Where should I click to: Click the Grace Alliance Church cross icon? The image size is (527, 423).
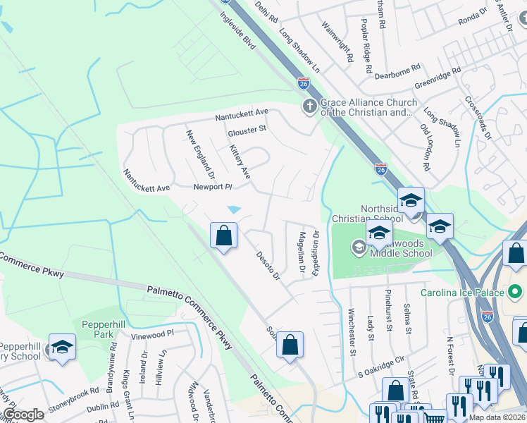pyautogui.click(x=309, y=106)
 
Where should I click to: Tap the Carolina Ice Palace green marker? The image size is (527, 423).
pyautogui.click(x=515, y=291)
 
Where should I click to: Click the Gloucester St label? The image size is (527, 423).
pyautogui.click(x=247, y=130)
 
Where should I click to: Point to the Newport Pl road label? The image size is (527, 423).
pyautogui.click(x=213, y=188)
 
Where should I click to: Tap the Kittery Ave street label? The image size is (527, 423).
pyautogui.click(x=240, y=161)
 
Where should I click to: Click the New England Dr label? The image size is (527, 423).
pyautogui.click(x=200, y=153)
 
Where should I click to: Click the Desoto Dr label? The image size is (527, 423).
pyautogui.click(x=268, y=265)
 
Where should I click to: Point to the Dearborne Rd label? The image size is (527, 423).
pyautogui.click(x=397, y=68)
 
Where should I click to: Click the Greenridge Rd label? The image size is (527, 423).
pyautogui.click(x=438, y=78)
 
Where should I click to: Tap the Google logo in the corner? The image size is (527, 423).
pyautogui.click(x=23, y=415)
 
